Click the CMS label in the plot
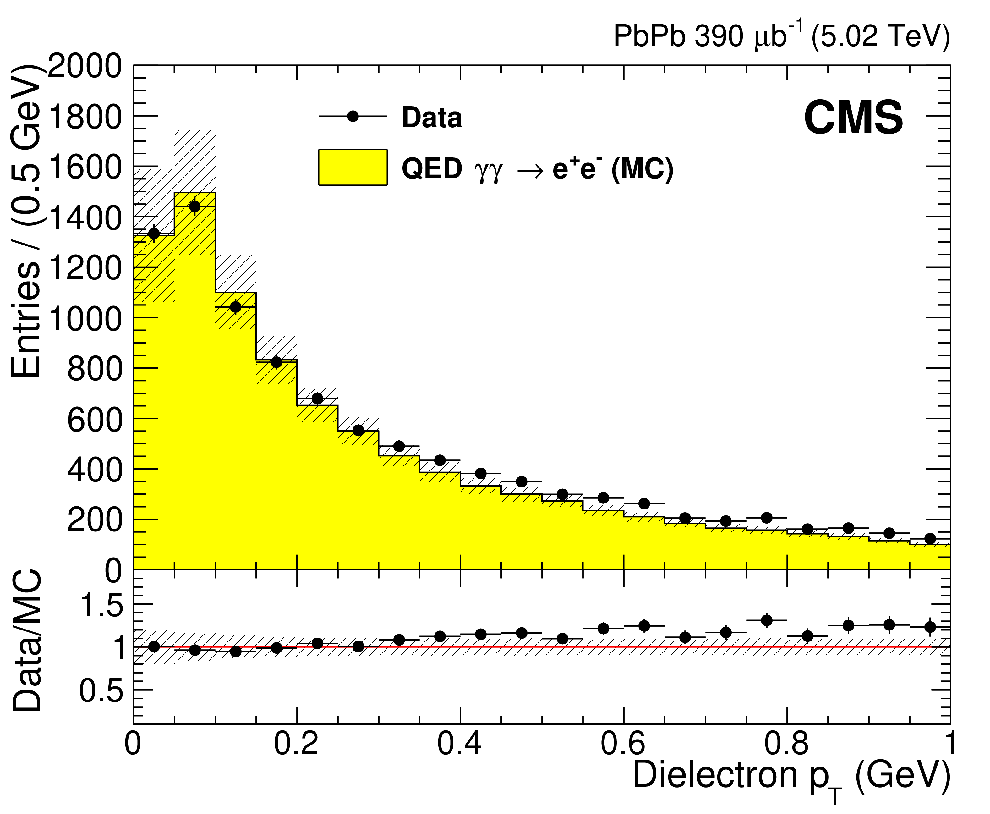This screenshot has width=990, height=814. (x=853, y=118)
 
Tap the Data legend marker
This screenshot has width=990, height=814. (x=353, y=116)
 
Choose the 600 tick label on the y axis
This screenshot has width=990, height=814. (x=94, y=419)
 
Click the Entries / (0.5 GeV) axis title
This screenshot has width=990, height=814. (x=25, y=220)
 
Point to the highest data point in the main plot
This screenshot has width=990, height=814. (x=194, y=206)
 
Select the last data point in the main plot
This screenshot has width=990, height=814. (x=930, y=539)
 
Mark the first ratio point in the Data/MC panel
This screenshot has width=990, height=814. (x=154, y=646)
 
